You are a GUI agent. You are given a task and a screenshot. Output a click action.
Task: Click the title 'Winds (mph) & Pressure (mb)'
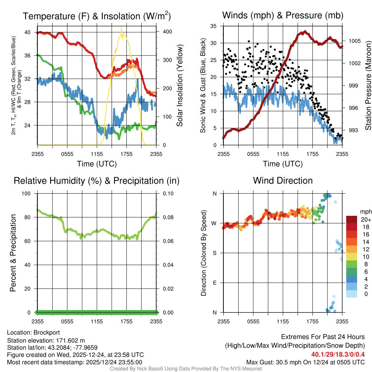[283, 16]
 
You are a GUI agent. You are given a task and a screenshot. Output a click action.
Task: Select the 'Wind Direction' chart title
[283, 181]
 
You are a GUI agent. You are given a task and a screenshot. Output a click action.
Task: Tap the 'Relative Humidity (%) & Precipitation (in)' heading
[97, 181]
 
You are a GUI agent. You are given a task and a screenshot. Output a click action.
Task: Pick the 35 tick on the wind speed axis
[213, 26]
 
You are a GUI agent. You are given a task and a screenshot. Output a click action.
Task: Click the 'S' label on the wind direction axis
[214, 253]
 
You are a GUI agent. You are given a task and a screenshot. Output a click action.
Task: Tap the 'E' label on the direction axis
[214, 283]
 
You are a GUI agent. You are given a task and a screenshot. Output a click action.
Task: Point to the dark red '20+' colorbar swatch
[351, 219]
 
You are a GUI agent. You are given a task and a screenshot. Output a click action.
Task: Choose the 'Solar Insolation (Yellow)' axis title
[179, 86]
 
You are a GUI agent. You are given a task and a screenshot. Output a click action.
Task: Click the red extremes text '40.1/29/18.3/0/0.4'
[338, 354]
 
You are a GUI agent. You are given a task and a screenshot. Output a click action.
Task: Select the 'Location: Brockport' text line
[33, 332]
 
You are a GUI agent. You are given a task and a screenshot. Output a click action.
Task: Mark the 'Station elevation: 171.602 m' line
[46, 340]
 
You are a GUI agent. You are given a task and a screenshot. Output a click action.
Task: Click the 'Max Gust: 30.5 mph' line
[305, 362]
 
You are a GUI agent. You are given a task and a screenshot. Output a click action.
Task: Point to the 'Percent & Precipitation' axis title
[13, 253]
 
